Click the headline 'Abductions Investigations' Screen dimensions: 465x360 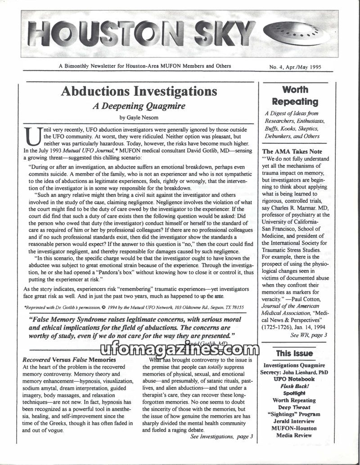tap(139, 91)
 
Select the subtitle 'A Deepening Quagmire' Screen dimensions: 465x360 tap(139, 106)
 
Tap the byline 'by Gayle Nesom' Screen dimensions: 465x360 tap(139, 117)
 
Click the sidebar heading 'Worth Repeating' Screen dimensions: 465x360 tap(295, 96)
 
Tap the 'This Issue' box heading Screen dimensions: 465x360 tap(294, 353)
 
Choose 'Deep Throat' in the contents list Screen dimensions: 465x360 tap(295, 407)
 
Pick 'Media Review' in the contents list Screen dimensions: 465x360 tap(295, 435)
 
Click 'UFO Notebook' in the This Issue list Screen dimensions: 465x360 tap(295, 379)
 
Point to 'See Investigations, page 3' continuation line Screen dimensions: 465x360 tap(221, 436)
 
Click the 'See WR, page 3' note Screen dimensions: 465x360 tap(309, 335)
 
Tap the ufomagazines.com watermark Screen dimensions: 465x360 tap(180, 349)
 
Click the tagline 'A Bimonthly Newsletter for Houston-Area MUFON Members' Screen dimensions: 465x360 tap(145, 66)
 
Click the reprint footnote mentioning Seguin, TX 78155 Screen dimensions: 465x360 tap(134, 307)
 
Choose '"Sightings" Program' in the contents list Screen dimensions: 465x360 tap(295, 414)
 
